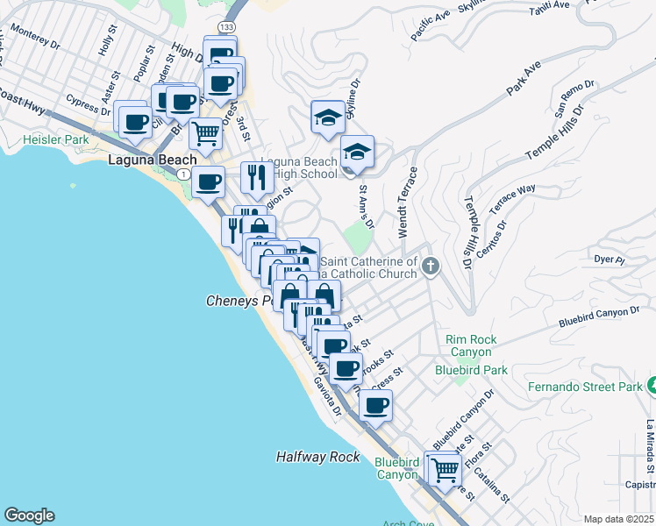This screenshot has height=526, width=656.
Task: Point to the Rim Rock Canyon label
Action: point(471,345)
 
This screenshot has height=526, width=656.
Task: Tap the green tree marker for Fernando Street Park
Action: point(651,384)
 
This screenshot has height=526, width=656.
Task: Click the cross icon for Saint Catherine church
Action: point(430,266)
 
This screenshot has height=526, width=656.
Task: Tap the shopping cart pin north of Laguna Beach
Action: point(205,134)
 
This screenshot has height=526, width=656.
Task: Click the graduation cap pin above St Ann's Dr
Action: point(357,152)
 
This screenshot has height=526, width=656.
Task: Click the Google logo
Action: point(29,515)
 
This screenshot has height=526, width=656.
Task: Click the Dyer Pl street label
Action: point(608,259)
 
